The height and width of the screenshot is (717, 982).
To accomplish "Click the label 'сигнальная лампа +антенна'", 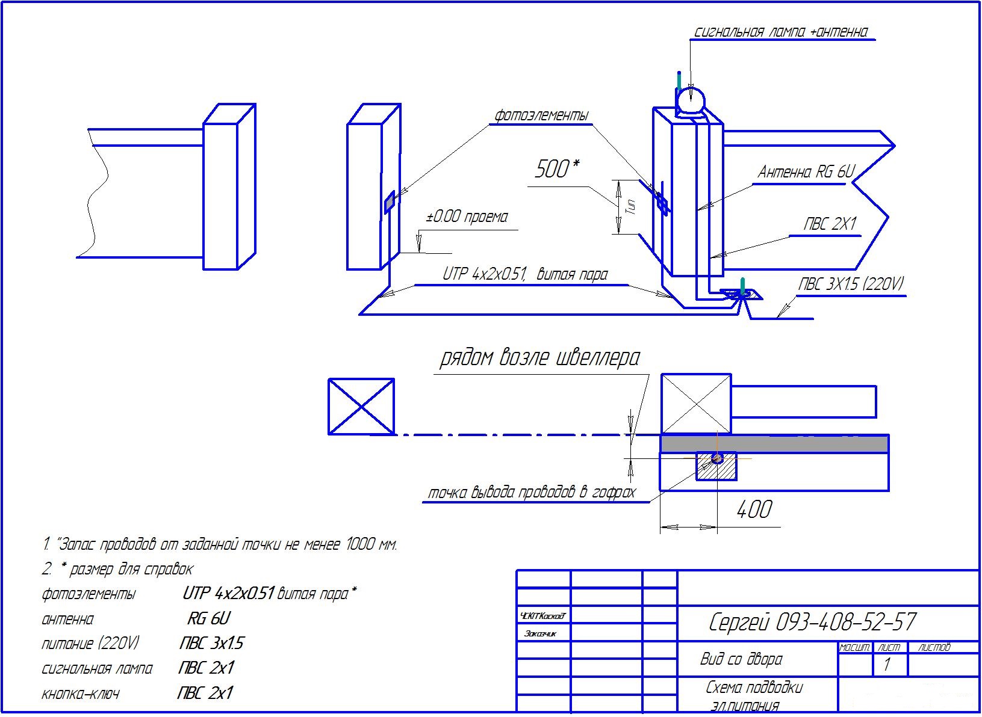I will pyautogui.click(x=781, y=32).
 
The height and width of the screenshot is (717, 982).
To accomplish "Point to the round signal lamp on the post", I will pyautogui.click(x=690, y=99).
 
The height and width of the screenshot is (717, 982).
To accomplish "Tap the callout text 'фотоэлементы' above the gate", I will pyautogui.click(x=541, y=115).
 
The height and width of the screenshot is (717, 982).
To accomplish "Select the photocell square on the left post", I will pyautogui.click(x=390, y=202).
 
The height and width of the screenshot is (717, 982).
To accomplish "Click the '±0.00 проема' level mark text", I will pyautogui.click(x=467, y=217).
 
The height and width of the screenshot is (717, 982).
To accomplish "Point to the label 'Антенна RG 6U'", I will pyautogui.click(x=806, y=172).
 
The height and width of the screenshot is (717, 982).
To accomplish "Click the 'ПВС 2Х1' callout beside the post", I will pyautogui.click(x=830, y=224).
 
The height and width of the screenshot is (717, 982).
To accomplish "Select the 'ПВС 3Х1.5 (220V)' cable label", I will pyautogui.click(x=851, y=284).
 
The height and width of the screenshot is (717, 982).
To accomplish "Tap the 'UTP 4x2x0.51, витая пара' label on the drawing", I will pyautogui.click(x=524, y=274).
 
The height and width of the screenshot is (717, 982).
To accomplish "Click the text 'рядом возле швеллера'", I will pyautogui.click(x=539, y=358).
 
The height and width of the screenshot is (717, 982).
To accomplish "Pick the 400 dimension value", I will pyautogui.click(x=754, y=510).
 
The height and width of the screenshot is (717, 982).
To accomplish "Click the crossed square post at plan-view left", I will pyautogui.click(x=361, y=407).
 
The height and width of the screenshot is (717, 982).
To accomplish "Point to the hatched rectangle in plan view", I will pyautogui.click(x=716, y=467).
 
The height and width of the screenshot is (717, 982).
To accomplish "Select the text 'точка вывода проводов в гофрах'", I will pyautogui.click(x=531, y=493).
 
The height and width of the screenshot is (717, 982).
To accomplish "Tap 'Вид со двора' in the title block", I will pyautogui.click(x=741, y=659).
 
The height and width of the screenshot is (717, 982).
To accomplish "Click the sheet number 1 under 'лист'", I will pyautogui.click(x=886, y=665).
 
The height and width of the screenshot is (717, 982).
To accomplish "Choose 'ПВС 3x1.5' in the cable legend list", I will pyautogui.click(x=211, y=644).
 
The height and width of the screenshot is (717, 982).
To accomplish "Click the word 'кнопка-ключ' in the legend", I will pyautogui.click(x=80, y=694).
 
